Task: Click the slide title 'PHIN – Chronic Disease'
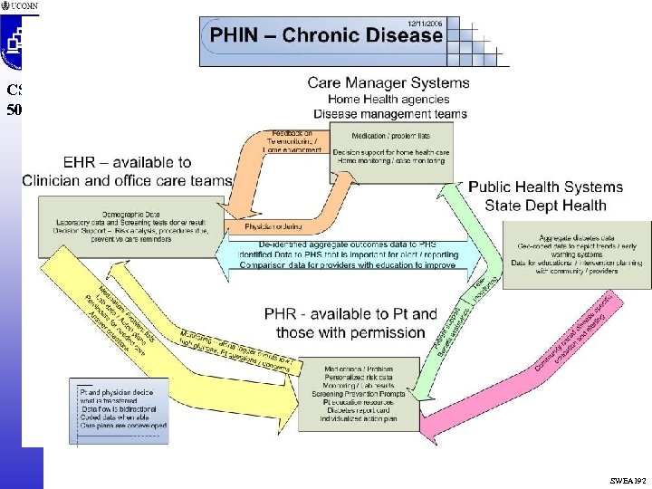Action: [x=327, y=36]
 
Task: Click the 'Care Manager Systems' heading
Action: [x=388, y=82]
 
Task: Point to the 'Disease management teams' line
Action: [x=390, y=114]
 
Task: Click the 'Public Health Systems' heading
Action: [x=545, y=187]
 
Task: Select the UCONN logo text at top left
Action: [x=24, y=6]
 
